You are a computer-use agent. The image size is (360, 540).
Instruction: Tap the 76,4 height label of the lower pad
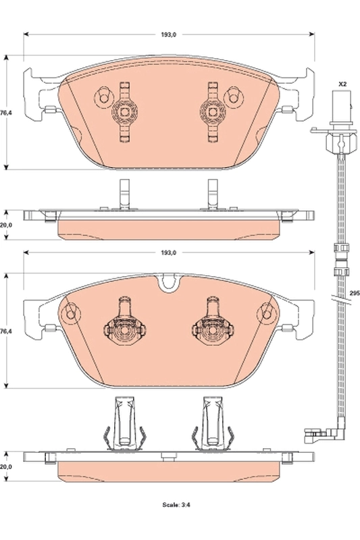click(x=6, y=332)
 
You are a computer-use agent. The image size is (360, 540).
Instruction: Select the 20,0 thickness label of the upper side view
click(x=6, y=225)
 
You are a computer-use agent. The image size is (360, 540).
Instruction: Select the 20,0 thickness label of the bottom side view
click(x=6, y=466)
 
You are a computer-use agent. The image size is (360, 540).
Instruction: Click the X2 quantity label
click(x=342, y=84)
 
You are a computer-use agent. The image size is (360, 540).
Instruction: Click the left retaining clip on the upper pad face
click(x=124, y=111)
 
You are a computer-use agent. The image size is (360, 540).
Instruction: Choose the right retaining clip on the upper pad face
click(x=212, y=111)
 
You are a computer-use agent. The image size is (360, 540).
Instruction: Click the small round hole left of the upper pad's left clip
click(x=103, y=97)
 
